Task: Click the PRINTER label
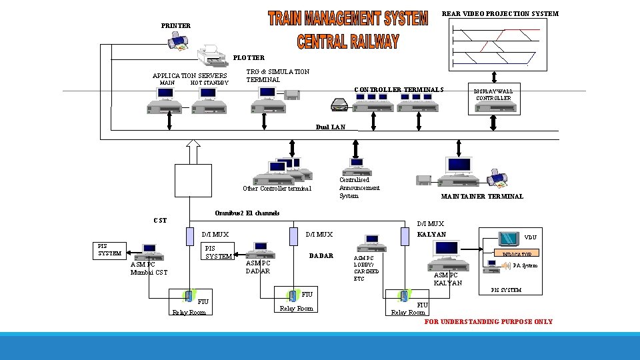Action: (x=175, y=26)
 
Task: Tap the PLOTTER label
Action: (x=248, y=58)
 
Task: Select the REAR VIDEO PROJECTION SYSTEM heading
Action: (x=500, y=14)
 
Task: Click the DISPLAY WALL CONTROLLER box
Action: (x=493, y=95)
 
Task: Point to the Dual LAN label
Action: (x=330, y=127)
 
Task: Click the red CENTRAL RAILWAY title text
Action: (x=348, y=41)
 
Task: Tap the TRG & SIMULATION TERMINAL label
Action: (x=277, y=75)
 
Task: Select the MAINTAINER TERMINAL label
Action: (x=482, y=197)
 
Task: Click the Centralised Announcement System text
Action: (x=359, y=188)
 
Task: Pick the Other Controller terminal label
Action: (x=277, y=188)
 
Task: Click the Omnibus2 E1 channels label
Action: (x=247, y=213)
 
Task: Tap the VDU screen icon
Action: (x=510, y=238)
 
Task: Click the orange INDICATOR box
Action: (x=517, y=254)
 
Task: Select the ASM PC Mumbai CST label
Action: (x=149, y=268)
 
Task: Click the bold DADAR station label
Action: (x=321, y=256)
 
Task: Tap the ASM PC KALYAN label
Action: (x=447, y=279)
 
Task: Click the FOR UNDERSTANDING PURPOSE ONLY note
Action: (x=488, y=322)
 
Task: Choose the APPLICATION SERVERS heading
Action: (x=189, y=75)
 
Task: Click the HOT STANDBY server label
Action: (x=209, y=83)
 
